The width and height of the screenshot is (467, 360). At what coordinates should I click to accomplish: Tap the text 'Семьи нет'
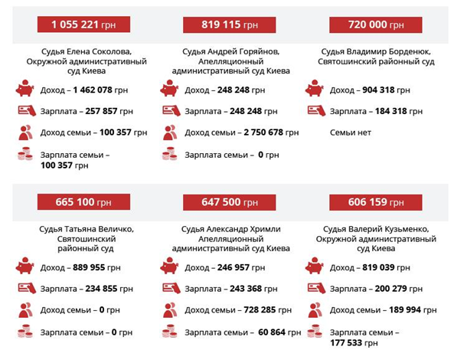tap(350, 133)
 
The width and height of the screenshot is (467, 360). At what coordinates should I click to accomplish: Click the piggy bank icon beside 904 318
tap(314, 90)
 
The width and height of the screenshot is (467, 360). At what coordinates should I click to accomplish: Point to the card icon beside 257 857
tap(25, 110)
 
